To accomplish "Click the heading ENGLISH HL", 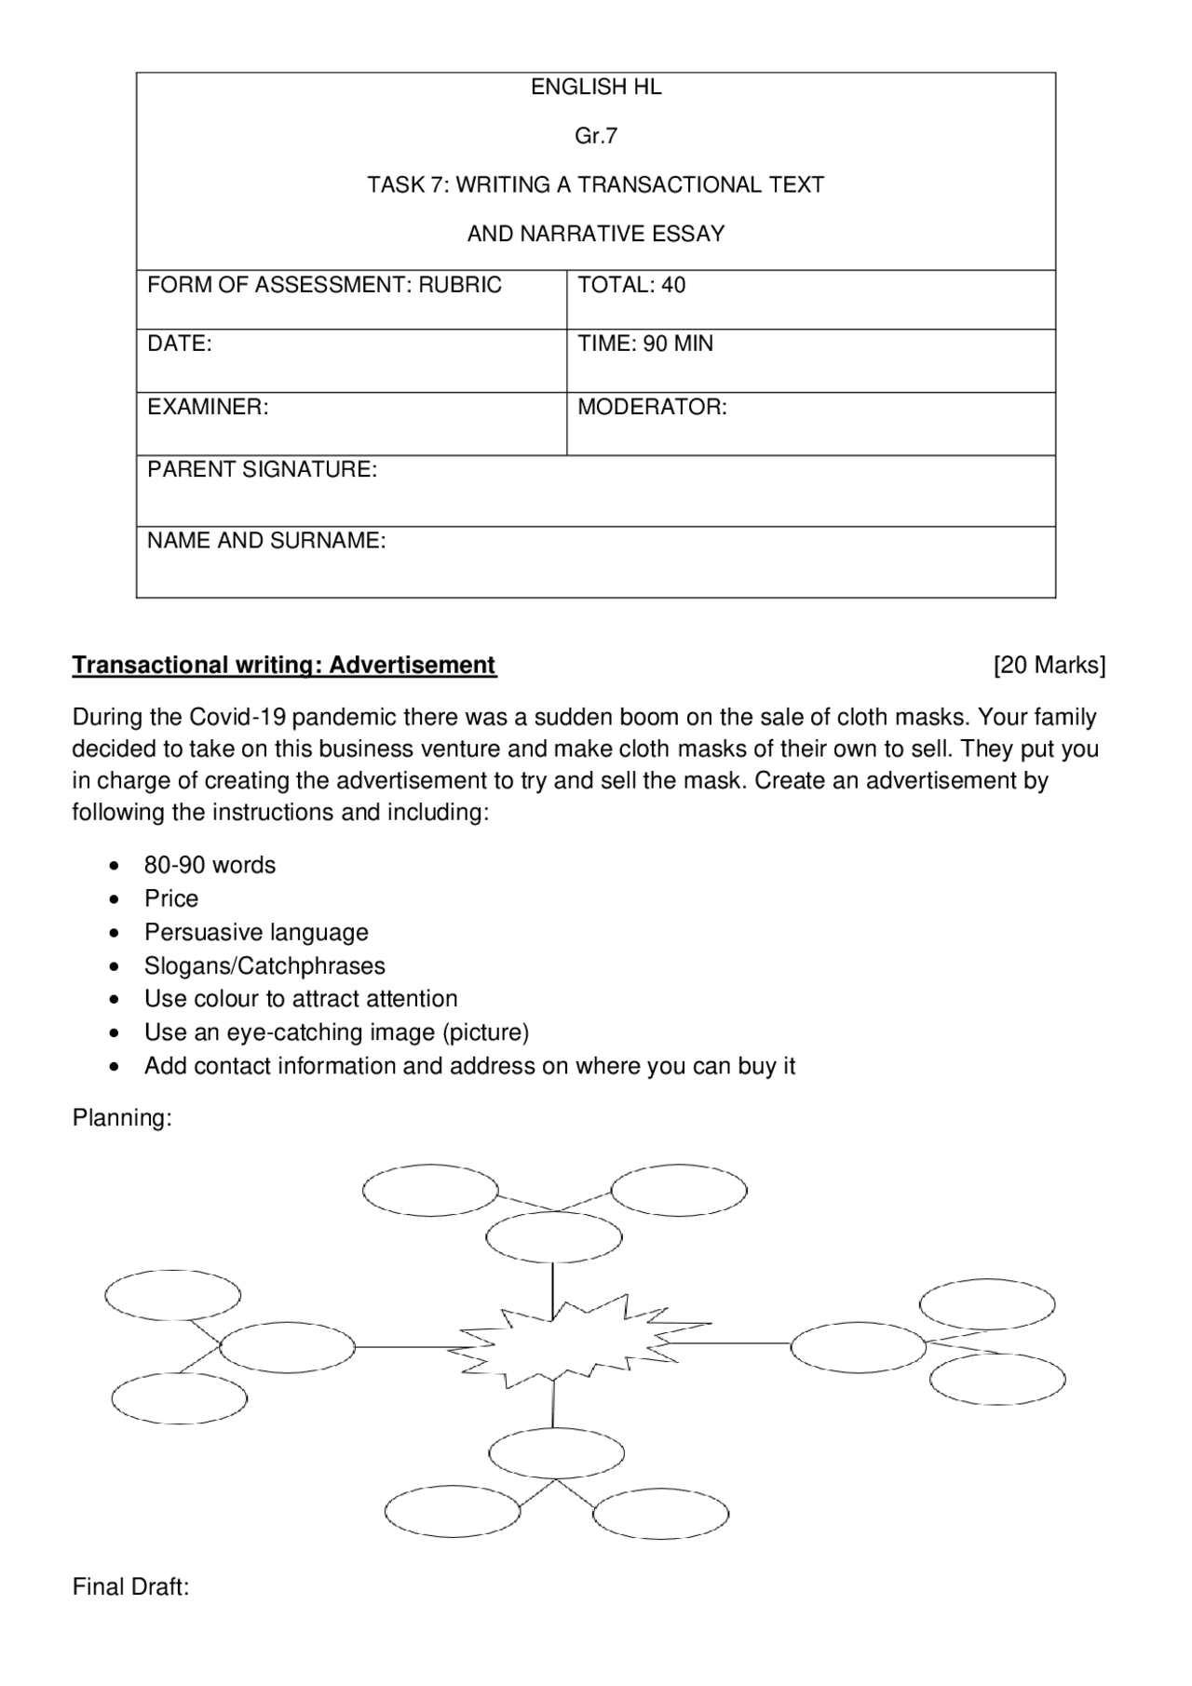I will pos(596,88).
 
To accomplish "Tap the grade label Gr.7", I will pos(596,137).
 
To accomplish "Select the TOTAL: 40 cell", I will pos(631,286).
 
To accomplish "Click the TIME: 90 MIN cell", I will pos(645,344).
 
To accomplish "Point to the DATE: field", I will pos(180,344).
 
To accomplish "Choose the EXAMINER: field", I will pos(208,408).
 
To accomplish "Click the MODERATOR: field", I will pos(652,408).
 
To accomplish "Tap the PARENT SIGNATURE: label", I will pos(263,470).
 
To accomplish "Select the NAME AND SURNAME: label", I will pos(266,541).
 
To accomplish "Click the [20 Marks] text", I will pos(1050,666).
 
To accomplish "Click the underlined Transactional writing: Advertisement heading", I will pos(284,666).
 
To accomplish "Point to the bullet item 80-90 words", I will pos(210,866).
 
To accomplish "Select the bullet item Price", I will pos(171,899).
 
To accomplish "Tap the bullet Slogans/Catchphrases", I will pos(264,966).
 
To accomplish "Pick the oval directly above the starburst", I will pos(554,1238).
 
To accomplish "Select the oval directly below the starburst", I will pos(556,1454).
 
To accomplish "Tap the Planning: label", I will pos(122,1118).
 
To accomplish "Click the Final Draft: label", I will pos(130,1587).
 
